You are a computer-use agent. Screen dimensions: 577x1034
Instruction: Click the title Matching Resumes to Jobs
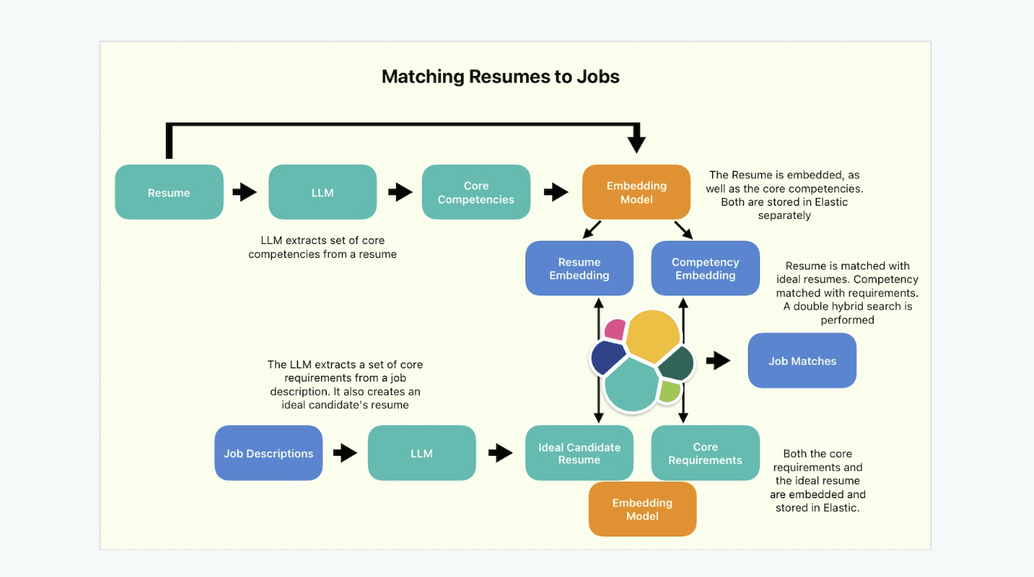500,77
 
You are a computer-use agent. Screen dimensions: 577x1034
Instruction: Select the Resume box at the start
169,193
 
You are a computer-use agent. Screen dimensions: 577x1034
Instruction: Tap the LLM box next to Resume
323,193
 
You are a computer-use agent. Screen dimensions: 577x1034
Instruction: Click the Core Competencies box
476,193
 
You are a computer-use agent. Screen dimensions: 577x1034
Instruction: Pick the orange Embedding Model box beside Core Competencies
636,193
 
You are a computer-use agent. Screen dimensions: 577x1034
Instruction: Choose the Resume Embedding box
579,269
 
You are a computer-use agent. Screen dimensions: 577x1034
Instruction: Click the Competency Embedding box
705,269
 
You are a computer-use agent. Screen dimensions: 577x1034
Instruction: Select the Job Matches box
802,361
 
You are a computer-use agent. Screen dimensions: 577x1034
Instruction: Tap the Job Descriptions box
268,453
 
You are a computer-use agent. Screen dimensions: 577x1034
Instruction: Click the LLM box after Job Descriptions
422,453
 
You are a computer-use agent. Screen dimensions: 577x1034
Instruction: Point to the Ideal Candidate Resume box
579,453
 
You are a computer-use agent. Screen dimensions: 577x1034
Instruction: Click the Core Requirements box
705,453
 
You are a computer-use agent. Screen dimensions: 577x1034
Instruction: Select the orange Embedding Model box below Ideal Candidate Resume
642,509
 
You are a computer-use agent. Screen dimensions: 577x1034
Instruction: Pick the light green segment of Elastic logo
670,391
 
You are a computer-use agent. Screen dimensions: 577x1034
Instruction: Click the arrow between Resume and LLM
245,192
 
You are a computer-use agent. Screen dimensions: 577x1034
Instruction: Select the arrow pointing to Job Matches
718,361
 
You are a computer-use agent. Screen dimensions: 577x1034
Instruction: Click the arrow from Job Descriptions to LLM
345,453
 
